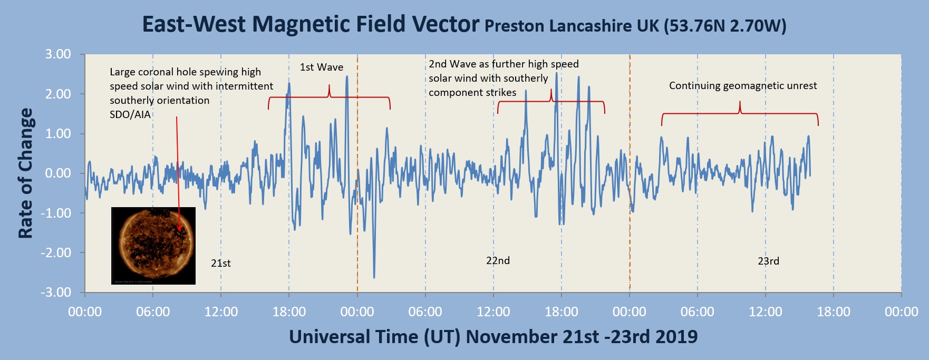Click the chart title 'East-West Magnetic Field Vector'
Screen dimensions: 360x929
point(311,24)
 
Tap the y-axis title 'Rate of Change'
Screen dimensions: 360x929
point(25,173)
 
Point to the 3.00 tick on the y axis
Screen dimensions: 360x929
point(58,54)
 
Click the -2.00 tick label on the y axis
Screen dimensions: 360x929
point(56,252)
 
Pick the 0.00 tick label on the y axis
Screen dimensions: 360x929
point(58,173)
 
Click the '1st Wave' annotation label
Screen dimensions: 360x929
point(322,67)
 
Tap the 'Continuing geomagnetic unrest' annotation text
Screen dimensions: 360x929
point(743,85)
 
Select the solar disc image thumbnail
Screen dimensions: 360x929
point(153,246)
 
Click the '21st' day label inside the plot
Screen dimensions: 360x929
point(221,263)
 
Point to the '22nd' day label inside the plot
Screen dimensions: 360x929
point(498,260)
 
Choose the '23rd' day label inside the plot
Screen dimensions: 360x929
point(768,261)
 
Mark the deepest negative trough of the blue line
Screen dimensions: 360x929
point(374,277)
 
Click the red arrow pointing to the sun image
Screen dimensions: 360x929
point(178,174)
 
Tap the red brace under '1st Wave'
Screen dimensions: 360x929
point(329,98)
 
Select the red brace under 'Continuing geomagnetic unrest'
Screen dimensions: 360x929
point(740,113)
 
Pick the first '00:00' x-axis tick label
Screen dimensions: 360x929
point(85,312)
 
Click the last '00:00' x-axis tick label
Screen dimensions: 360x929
point(901,312)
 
